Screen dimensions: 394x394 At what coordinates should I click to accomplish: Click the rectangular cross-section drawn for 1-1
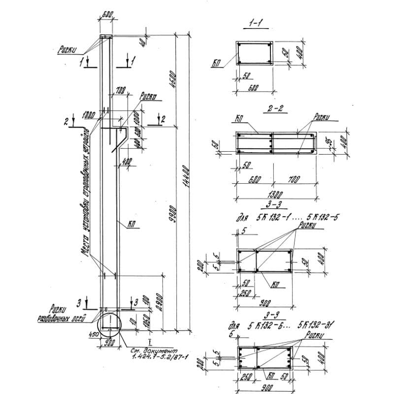point(254,53)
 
